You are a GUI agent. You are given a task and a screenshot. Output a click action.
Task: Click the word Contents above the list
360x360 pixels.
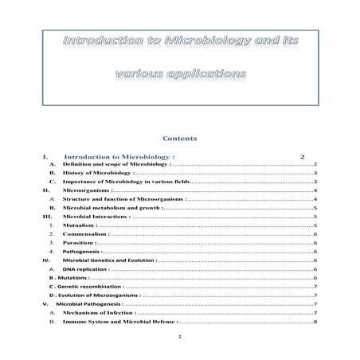179,138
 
